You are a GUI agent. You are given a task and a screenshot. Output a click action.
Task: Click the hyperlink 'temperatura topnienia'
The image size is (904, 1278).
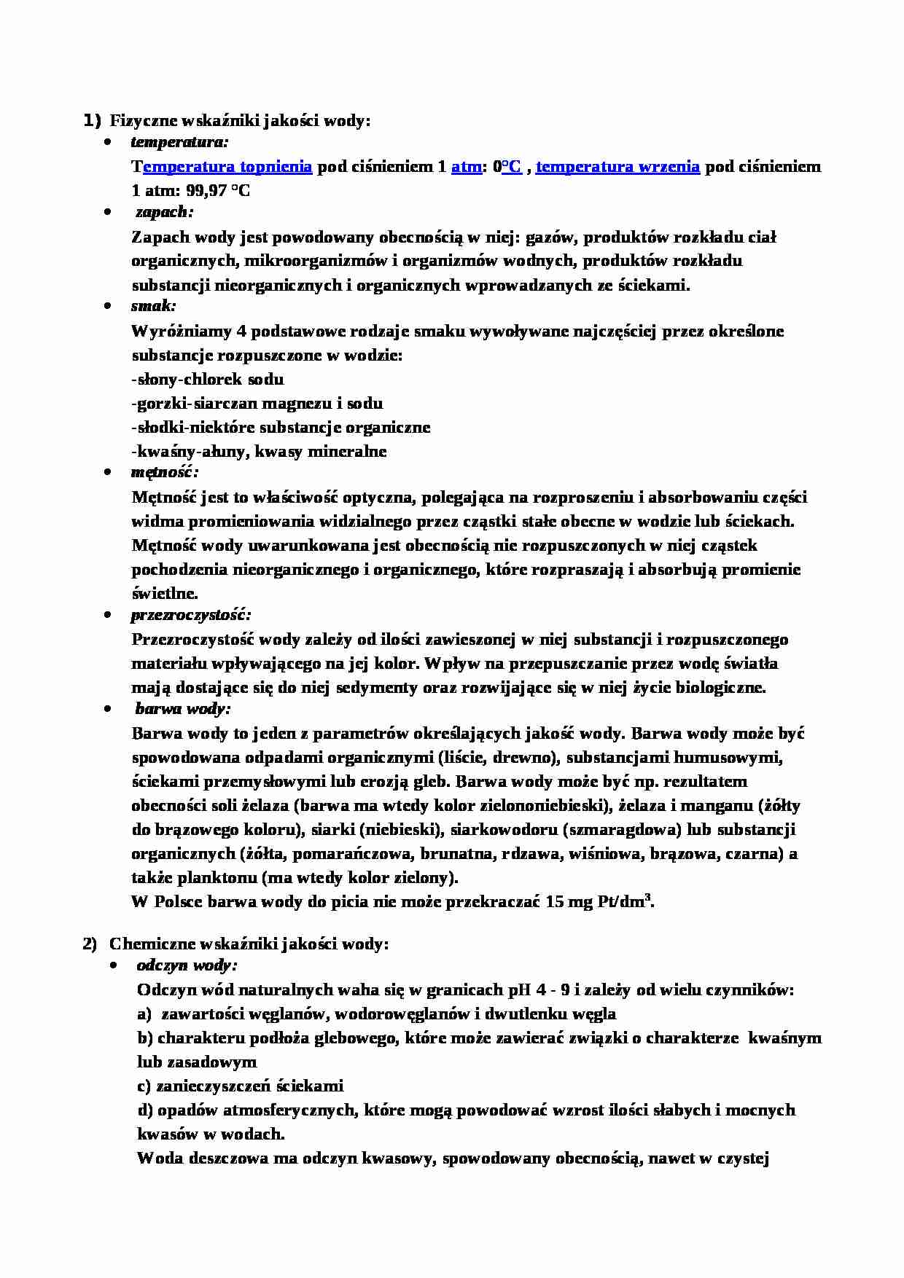tap(227, 167)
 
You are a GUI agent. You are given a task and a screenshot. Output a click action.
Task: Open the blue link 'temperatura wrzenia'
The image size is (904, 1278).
tap(618, 167)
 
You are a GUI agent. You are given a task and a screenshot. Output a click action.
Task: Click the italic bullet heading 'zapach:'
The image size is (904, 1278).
tap(165, 212)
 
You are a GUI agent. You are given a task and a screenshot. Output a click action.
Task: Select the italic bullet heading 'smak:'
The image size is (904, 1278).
tap(154, 306)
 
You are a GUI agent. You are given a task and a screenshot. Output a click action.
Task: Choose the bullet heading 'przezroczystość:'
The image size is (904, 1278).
tap(191, 615)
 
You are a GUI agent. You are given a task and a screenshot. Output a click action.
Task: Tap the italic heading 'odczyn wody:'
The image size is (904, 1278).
tap(187, 966)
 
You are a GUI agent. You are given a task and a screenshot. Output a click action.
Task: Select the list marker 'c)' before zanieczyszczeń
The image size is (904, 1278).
tap(144, 1086)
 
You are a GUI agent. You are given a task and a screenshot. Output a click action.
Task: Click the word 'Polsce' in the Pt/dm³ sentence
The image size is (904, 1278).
tap(179, 902)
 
